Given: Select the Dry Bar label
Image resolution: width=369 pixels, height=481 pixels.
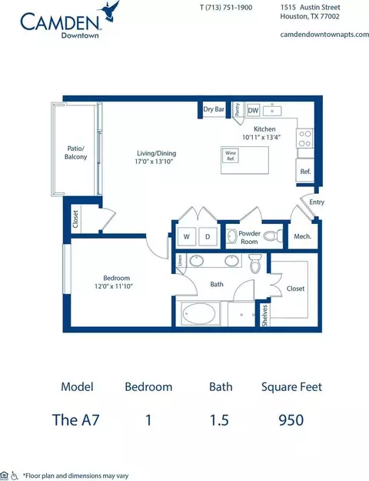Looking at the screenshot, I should pyautogui.click(x=214, y=110).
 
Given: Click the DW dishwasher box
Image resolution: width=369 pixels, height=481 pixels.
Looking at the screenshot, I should pyautogui.click(x=254, y=110).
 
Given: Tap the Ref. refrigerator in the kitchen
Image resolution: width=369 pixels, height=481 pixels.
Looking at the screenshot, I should pyautogui.click(x=305, y=172).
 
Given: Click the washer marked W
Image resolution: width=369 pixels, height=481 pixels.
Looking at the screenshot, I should pyautogui.click(x=186, y=235).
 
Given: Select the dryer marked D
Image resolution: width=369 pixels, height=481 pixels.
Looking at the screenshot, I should pyautogui.click(x=208, y=235).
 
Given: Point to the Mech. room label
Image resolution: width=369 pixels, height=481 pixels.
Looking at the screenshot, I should pyautogui.click(x=302, y=236).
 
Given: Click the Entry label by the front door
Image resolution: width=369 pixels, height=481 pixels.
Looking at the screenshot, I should pyautogui.click(x=316, y=202).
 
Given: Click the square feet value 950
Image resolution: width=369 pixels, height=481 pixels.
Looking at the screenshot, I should pyautogui.click(x=291, y=419).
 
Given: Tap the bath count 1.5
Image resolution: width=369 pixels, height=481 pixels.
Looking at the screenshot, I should pyautogui.click(x=219, y=419).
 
